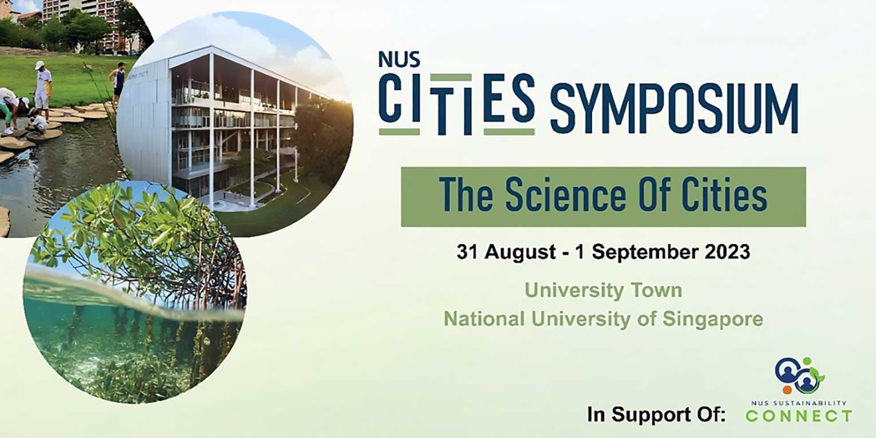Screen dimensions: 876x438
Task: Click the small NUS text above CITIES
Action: coord(399,60)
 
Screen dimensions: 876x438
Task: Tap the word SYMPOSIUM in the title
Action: coord(674,109)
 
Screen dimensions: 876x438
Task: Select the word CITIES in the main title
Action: coord(457,104)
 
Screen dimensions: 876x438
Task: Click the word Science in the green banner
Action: coord(566,194)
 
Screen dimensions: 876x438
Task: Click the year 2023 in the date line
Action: coord(727,252)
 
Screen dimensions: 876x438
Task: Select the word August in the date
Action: coord(520,253)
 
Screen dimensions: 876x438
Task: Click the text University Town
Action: coord(603,290)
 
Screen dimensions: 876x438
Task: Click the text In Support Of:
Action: coord(656,415)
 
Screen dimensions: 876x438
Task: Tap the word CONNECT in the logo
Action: coord(799,416)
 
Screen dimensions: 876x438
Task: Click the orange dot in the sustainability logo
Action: coord(787,389)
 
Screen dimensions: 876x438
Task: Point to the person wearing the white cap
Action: coord(43,88)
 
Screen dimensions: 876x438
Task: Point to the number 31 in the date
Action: coord(467,252)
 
